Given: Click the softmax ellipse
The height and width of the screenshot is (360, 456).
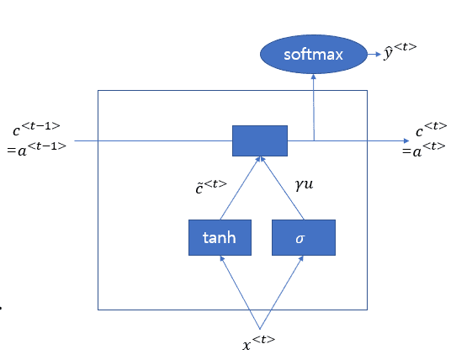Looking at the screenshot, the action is pos(314,55).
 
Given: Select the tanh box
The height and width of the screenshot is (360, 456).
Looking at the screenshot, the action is pos(220,237).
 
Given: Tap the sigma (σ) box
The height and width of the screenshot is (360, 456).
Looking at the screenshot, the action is pos(304,237).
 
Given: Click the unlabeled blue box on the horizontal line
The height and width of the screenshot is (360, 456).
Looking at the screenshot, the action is pos(260,140).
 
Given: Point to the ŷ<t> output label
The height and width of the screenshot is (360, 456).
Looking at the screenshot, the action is pos(400,51).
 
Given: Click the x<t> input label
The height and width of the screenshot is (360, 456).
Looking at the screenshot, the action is pos(258,343).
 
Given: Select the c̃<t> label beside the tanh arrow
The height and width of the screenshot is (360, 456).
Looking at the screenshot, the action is pos(211,187).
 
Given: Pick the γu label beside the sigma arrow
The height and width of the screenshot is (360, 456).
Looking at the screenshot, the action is pos(305,185).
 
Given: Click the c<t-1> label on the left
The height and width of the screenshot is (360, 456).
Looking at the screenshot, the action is pos(36,129).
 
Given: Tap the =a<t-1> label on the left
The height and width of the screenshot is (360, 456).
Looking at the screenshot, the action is pos(37,149).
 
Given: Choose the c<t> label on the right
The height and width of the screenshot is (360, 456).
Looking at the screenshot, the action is pos(431,129).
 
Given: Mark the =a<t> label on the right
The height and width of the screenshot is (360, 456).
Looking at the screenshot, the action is pos(424,149).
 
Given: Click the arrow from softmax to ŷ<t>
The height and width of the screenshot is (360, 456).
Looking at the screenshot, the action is pos(374,54).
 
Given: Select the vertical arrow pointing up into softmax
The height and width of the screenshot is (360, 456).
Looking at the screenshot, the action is pos(314,108).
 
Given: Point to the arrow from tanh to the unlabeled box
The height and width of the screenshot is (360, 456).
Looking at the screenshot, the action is pos(239,188).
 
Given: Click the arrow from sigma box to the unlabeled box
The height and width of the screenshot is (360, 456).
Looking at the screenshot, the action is pos(282,188).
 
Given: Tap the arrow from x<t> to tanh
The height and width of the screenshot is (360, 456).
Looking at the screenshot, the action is pos(240,293).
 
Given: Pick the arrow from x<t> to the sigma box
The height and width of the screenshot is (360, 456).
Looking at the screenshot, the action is pos(282,293).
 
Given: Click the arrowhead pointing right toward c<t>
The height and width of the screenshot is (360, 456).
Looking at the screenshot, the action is pos(406,141).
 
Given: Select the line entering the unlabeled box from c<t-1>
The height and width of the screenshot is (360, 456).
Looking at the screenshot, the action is pos(153,140).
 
